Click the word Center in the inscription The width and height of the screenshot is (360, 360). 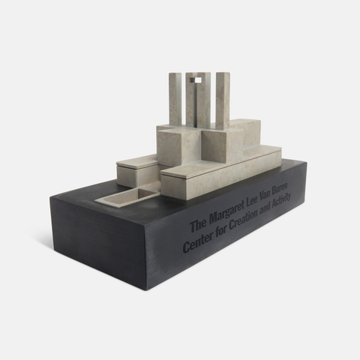[x=198, y=242]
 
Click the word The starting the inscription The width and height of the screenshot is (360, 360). [x=199, y=226]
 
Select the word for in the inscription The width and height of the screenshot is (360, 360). [x=218, y=234]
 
